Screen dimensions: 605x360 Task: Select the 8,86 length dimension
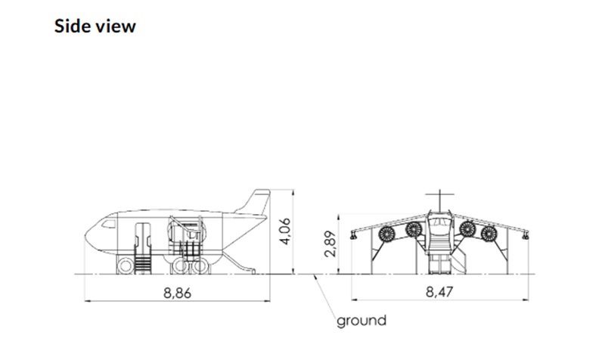pos(177,293)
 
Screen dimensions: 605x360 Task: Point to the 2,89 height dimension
pos(330,244)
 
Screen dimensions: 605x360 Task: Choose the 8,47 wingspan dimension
pos(439,292)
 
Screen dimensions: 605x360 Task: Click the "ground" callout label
pos(361,321)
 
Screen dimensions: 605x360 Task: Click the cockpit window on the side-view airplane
pos(108,224)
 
